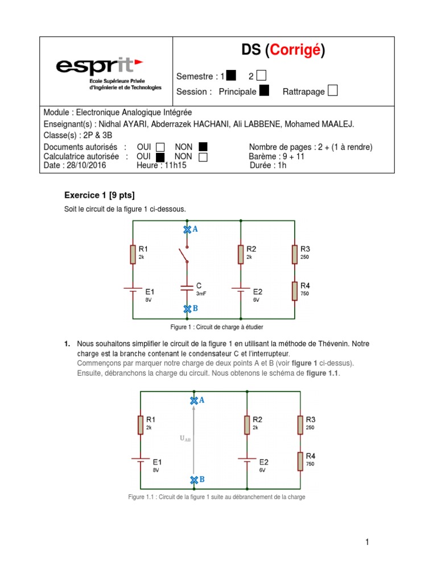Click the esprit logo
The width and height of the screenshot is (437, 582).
tap(99, 67)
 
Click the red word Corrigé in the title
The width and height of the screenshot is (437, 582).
tap(298, 51)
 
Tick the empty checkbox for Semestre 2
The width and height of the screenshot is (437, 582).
tap(261, 76)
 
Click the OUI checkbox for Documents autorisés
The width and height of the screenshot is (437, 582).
tap(160, 148)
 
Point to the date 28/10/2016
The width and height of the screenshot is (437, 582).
tap(86, 165)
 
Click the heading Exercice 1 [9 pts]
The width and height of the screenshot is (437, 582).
tap(100, 196)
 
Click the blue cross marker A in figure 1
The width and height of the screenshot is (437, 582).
tap(187, 229)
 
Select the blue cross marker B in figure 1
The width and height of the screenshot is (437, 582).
tap(187, 309)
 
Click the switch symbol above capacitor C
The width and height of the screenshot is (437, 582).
tap(184, 256)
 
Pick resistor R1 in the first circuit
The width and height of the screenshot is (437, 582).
tap(133, 253)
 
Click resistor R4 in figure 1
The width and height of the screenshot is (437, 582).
tap(295, 290)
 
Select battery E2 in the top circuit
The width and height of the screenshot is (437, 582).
tap(241, 289)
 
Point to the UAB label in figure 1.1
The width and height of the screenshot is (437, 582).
tap(185, 438)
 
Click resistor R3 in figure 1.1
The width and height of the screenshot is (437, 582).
tap(300, 425)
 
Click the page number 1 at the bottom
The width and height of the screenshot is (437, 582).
tap(368, 542)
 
